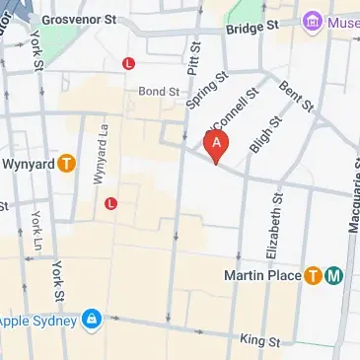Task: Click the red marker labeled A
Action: pos(216,145)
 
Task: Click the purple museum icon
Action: pos(313,21)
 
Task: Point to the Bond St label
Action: pos(158,91)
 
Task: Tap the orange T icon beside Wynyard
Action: pos(67,164)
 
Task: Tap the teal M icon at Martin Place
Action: pos(334,275)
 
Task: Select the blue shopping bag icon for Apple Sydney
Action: pos(91,321)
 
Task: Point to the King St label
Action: pos(259,340)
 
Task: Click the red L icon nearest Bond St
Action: pos(127,64)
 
